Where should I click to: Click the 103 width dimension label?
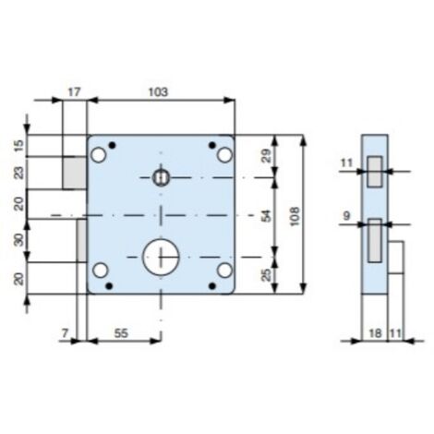tap(159, 92)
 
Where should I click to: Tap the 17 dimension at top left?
tap(74, 92)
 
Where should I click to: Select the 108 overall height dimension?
tap(295, 216)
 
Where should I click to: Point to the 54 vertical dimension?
tap(266, 216)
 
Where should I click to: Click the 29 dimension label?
tap(266, 156)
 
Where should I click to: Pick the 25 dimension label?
tap(267, 275)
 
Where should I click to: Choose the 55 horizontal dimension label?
tap(121, 333)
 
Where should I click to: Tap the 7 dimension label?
tap(65, 333)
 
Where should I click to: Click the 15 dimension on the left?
tap(19, 145)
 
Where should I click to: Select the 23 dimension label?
tap(19, 173)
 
